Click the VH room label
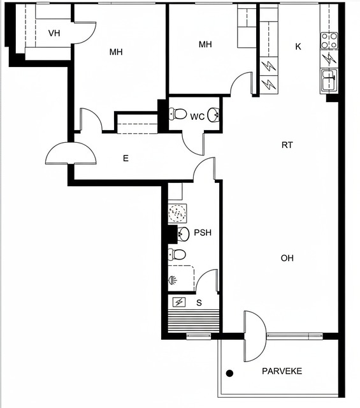click(x=54, y=33)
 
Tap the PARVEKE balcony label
click(x=282, y=371)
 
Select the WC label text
click(x=197, y=117)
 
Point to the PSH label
click(x=203, y=232)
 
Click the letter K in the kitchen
click(x=298, y=47)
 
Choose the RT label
click(x=287, y=145)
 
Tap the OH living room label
click(x=287, y=258)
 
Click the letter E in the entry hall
click(x=126, y=158)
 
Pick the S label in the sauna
click(x=199, y=303)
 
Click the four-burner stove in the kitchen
click(x=329, y=41)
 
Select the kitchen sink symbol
click(x=329, y=81)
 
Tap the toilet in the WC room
click(x=178, y=114)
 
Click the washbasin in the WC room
click(x=213, y=115)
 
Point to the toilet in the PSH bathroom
click(x=177, y=254)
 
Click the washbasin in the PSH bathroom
click(x=183, y=234)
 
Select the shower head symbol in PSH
click(x=173, y=280)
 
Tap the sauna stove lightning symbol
click(x=179, y=302)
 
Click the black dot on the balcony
click(x=229, y=374)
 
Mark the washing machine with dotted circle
click(x=177, y=213)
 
